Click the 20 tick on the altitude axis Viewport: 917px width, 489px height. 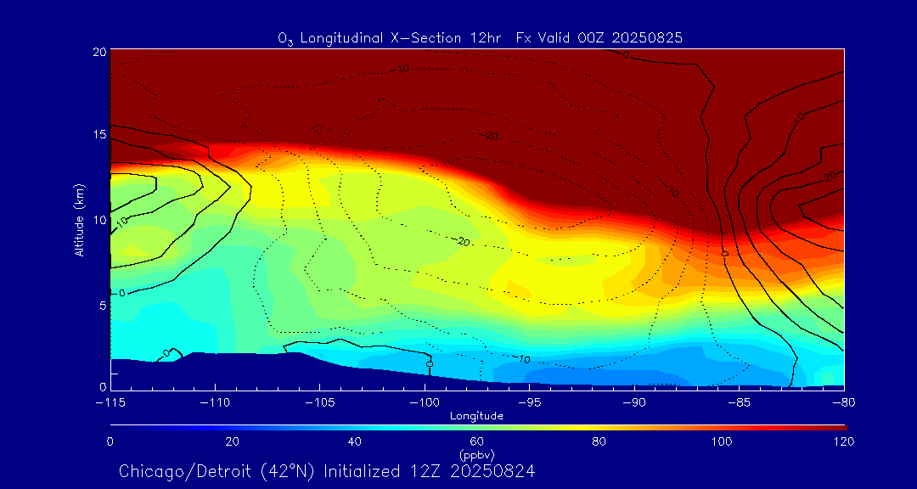[98, 52]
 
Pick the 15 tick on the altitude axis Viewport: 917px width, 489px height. [98, 135]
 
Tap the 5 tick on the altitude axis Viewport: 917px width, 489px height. [101, 305]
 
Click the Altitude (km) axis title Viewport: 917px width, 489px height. [79, 219]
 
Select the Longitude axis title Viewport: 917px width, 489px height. [476, 416]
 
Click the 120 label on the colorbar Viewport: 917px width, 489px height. [844, 441]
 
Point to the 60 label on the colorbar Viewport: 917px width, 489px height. [476, 441]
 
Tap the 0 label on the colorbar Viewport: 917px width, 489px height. [110, 441]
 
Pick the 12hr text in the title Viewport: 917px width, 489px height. [486, 38]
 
